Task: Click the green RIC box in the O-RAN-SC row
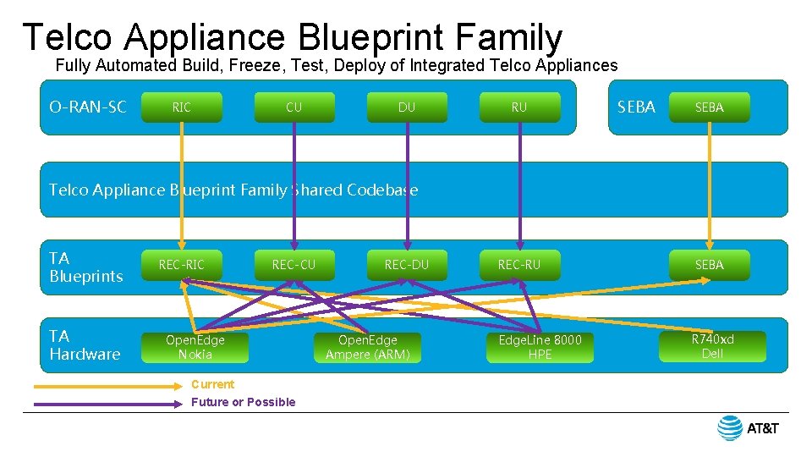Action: pos(181,107)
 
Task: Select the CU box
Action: pos(294,107)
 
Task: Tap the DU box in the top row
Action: pos(407,107)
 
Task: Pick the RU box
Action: pos(519,107)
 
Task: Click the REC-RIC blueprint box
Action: pos(181,265)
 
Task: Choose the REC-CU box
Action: pos(294,265)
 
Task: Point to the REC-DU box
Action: pos(407,265)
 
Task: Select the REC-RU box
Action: pos(519,265)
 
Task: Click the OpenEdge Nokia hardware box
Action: pos(195,347)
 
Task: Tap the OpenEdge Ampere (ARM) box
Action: pos(367,347)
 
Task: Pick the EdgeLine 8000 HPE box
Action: pos(540,347)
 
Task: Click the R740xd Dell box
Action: pos(712,346)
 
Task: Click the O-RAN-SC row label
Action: pos(88,107)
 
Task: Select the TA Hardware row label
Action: pos(85,345)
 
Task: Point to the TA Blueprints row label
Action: pos(86,267)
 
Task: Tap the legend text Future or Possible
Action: pos(243,402)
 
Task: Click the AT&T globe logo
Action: pos(730,428)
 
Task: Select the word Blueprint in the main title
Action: pos(370,37)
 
